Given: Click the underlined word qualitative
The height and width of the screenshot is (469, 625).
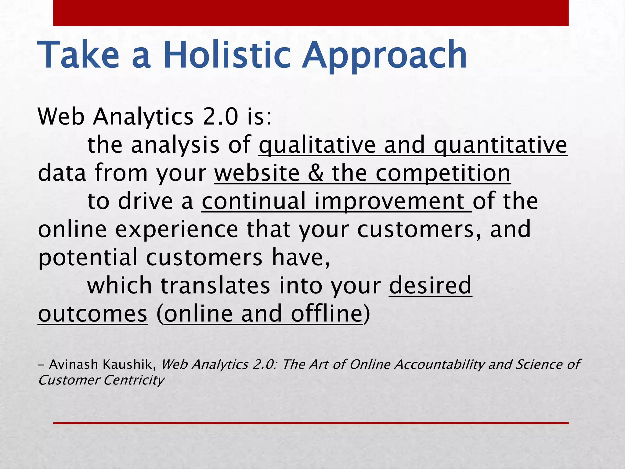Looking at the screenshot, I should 317,145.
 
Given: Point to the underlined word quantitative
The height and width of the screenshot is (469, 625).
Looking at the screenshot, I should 500,145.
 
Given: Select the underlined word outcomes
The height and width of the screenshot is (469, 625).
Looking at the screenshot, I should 93,314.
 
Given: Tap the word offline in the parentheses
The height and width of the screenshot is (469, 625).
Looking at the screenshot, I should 326,314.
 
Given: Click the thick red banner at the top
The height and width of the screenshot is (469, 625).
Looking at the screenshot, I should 311,13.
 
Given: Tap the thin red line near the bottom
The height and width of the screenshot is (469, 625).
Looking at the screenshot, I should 311,423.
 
